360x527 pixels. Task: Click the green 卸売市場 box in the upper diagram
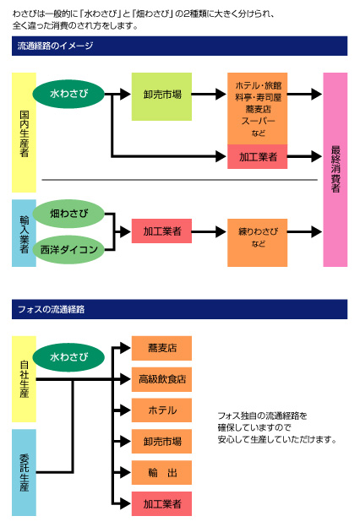pyautogui.click(x=161, y=96)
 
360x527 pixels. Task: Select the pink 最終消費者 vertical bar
pyautogui.click(x=335, y=170)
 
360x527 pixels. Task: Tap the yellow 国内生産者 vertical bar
pyautogui.click(x=24, y=133)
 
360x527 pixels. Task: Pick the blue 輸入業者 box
pyautogui.click(x=24, y=233)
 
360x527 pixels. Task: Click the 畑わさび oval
pyautogui.click(x=68, y=214)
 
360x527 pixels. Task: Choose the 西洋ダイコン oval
pyautogui.click(x=68, y=249)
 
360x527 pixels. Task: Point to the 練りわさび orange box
pyautogui.click(x=258, y=242)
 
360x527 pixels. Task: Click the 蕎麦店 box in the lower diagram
pyautogui.click(x=161, y=348)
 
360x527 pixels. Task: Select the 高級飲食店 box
pyautogui.click(x=161, y=379)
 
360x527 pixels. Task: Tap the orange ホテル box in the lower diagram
pyautogui.click(x=161, y=410)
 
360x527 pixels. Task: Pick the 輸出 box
pyautogui.click(x=161, y=473)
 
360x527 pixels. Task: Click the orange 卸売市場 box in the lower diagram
pyautogui.click(x=161, y=442)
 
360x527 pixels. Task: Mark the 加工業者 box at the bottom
pyautogui.click(x=161, y=504)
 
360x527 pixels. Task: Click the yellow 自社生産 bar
pyautogui.click(x=24, y=379)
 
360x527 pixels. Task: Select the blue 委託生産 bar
pyautogui.click(x=24, y=473)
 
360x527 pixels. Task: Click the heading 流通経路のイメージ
pyautogui.click(x=55, y=46)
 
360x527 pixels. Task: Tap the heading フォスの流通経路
pyautogui.click(x=52, y=309)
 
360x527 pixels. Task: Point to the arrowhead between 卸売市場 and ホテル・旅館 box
pyautogui.click(x=221, y=94)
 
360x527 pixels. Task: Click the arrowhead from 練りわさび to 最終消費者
pyautogui.click(x=316, y=231)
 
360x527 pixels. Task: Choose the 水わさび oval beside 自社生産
pyautogui.click(x=68, y=357)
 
